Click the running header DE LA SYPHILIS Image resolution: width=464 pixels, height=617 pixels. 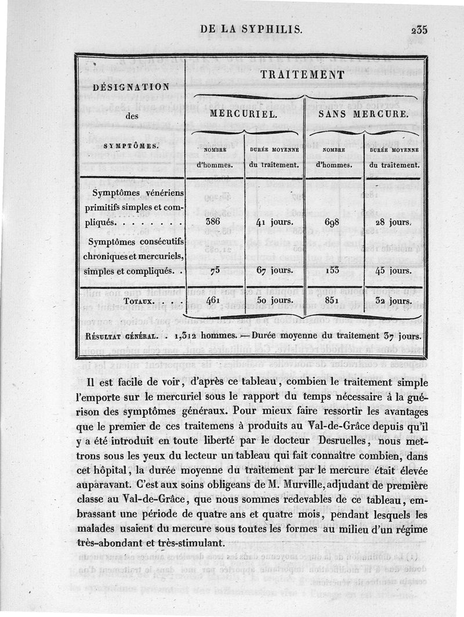pyautogui.click(x=251, y=29)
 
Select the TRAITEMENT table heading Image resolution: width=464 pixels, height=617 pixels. pyautogui.click(x=303, y=75)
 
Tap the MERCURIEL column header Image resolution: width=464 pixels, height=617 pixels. pyautogui.click(x=243, y=114)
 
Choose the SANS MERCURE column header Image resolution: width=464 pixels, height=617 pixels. pyautogui.click(x=364, y=114)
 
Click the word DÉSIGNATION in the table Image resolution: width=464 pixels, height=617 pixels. pyautogui.click(x=131, y=87)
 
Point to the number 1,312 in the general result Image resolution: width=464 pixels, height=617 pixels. pyautogui.click(x=187, y=335)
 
